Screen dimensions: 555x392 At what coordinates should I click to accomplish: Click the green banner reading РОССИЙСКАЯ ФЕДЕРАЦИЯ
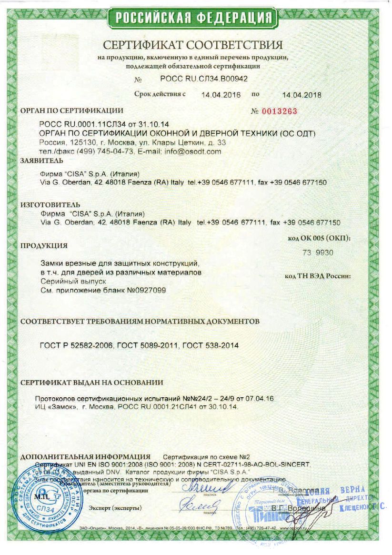pos(195,18)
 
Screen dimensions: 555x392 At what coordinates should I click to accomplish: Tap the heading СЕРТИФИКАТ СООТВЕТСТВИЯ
pos(193,46)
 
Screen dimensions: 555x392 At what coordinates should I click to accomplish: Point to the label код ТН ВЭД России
pos(318,276)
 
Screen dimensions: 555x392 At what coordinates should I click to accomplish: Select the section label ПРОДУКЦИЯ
pos(44,246)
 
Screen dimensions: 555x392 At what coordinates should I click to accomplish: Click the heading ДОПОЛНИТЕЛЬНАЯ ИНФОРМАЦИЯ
pos(86,456)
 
